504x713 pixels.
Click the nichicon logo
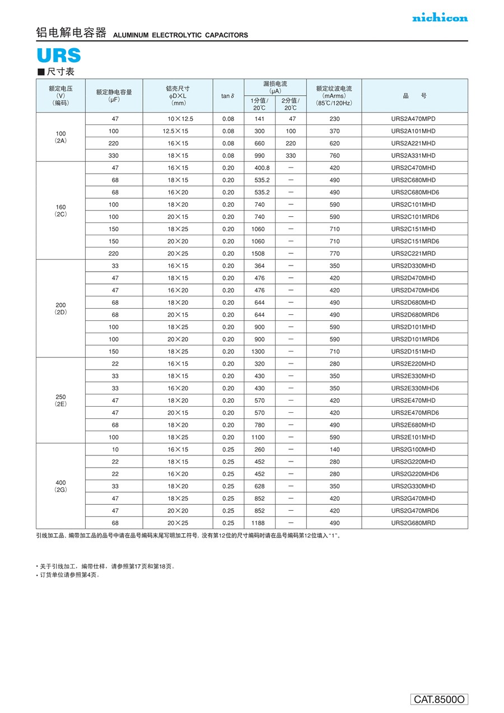(x=440, y=18)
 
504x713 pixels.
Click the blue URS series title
(x=59, y=55)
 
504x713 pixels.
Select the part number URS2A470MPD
(x=413, y=119)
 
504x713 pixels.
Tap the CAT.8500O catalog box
(x=440, y=699)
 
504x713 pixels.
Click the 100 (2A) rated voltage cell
(x=60, y=137)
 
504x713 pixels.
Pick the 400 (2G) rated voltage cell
(x=60, y=486)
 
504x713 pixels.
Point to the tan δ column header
(x=228, y=96)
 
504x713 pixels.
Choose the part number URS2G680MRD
(x=413, y=523)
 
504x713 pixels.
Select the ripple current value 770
(x=334, y=254)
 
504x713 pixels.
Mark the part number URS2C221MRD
(x=413, y=254)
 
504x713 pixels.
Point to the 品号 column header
(x=414, y=96)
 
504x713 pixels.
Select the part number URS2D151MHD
(x=413, y=352)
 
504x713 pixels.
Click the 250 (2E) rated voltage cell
(x=60, y=400)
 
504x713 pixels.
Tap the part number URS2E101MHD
(x=413, y=437)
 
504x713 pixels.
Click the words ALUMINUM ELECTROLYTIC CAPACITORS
(x=180, y=35)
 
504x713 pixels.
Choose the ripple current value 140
(x=334, y=450)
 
